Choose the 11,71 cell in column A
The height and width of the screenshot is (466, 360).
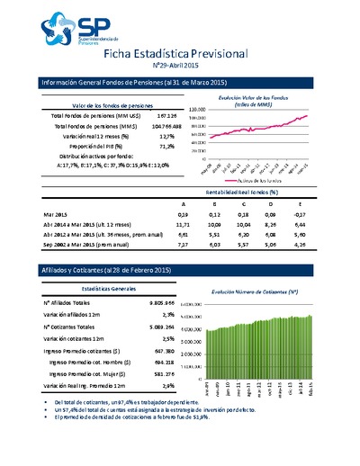183,226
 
